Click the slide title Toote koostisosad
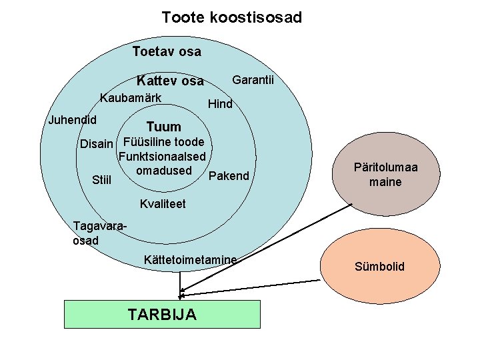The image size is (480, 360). click(231, 17)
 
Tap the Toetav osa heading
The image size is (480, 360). click(167, 51)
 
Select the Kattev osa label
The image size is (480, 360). click(170, 81)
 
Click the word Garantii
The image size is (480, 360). click(253, 80)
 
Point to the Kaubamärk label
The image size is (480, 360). click(130, 98)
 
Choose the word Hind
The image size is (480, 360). click(220, 104)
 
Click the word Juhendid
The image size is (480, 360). click(73, 120)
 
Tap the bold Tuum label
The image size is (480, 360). click(163, 127)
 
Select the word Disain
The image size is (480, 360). click(97, 144)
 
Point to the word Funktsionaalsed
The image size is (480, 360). click(162, 157)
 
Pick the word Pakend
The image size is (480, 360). click(229, 176)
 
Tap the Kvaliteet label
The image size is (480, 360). click(163, 203)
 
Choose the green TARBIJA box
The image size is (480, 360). click(161, 314)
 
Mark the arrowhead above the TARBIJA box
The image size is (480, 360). click(181, 294)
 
